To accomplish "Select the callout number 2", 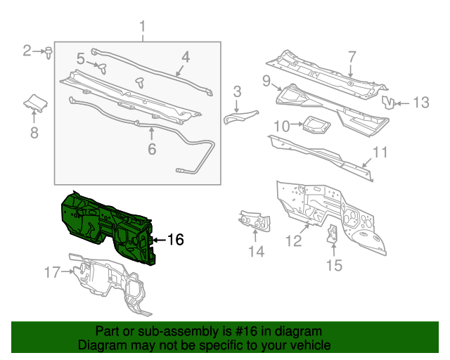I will tap(27, 51).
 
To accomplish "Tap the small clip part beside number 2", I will tap(49, 51).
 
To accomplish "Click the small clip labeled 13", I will tap(388, 103).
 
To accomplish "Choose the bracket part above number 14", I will tap(255, 220).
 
